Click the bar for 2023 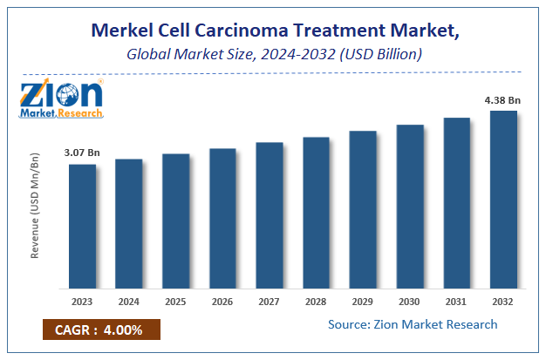[82, 226]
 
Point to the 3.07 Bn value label [82, 153]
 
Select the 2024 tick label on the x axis [129, 301]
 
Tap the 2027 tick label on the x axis [270, 301]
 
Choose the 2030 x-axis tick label [410, 301]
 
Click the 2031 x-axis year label [456, 301]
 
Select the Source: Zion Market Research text [413, 324]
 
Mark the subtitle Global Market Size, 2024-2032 [272, 54]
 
